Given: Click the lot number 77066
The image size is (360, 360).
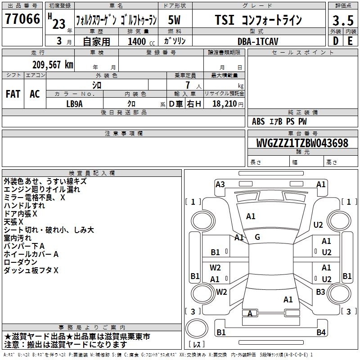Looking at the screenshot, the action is tap(22, 19).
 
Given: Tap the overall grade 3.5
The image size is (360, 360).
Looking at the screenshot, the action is tap(343, 20).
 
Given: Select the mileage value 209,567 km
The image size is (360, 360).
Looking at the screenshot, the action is tap(53, 65).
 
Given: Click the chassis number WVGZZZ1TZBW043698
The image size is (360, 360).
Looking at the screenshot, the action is tap(302, 143).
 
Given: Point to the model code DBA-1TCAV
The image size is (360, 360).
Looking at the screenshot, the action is tap(258, 41).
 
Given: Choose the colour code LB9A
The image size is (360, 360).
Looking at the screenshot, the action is tap(74, 104).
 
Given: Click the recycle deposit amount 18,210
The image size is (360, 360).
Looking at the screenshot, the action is tap(225, 104).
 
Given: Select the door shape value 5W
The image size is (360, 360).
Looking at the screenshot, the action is tap(174, 20).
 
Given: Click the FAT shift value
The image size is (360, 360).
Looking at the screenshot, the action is tap(13, 94).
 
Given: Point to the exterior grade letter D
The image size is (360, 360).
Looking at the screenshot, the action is tap(336, 41).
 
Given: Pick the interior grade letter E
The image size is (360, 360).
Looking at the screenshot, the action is tap(350, 41).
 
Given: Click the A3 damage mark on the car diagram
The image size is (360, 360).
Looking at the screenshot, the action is tap(220, 184).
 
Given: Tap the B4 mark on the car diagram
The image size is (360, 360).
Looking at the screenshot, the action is tap(321, 332).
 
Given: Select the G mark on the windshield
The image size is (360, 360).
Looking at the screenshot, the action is tap(257, 237).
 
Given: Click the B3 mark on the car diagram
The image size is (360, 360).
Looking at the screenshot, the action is tap(320, 292).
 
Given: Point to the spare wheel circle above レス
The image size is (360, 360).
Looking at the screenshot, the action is tap(197, 328).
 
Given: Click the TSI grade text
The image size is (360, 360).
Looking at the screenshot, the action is tap(225, 20).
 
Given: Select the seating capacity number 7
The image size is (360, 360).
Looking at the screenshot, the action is tap(188, 85).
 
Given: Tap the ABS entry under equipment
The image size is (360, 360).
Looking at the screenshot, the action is tap(258, 121).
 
